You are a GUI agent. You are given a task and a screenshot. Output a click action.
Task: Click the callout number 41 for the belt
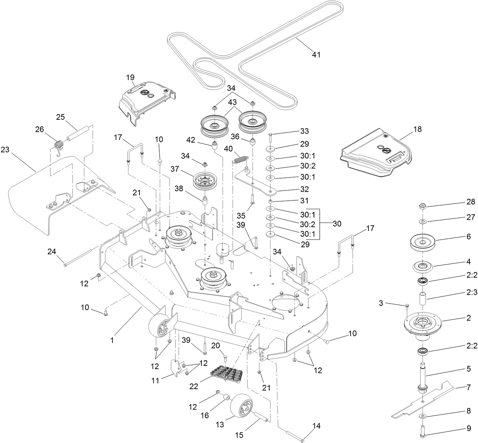[x=316, y=55]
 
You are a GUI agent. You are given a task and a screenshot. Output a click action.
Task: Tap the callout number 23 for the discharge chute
[x=5, y=149]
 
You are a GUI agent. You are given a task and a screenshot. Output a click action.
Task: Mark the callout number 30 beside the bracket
[x=337, y=224]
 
